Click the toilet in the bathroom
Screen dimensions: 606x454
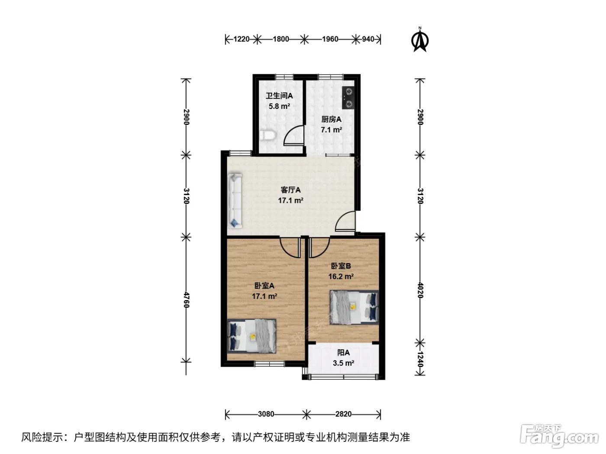268,135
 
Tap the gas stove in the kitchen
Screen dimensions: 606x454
348,98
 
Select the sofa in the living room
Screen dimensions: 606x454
235,200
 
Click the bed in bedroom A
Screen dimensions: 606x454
251,336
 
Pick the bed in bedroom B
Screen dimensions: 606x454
354,307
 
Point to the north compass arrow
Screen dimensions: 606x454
419,40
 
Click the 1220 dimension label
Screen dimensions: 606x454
241,39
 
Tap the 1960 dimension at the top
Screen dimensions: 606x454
330,39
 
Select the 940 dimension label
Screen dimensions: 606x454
368,39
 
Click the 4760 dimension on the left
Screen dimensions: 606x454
187,300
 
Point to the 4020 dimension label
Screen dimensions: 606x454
420,290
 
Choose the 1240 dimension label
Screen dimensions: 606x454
420,359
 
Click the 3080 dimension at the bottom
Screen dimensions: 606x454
266,414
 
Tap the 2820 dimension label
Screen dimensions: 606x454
343,414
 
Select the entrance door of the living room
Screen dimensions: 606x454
345,221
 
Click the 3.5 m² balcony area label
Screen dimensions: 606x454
343,363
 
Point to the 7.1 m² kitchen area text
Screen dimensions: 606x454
331,130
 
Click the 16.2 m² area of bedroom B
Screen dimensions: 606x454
341,276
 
